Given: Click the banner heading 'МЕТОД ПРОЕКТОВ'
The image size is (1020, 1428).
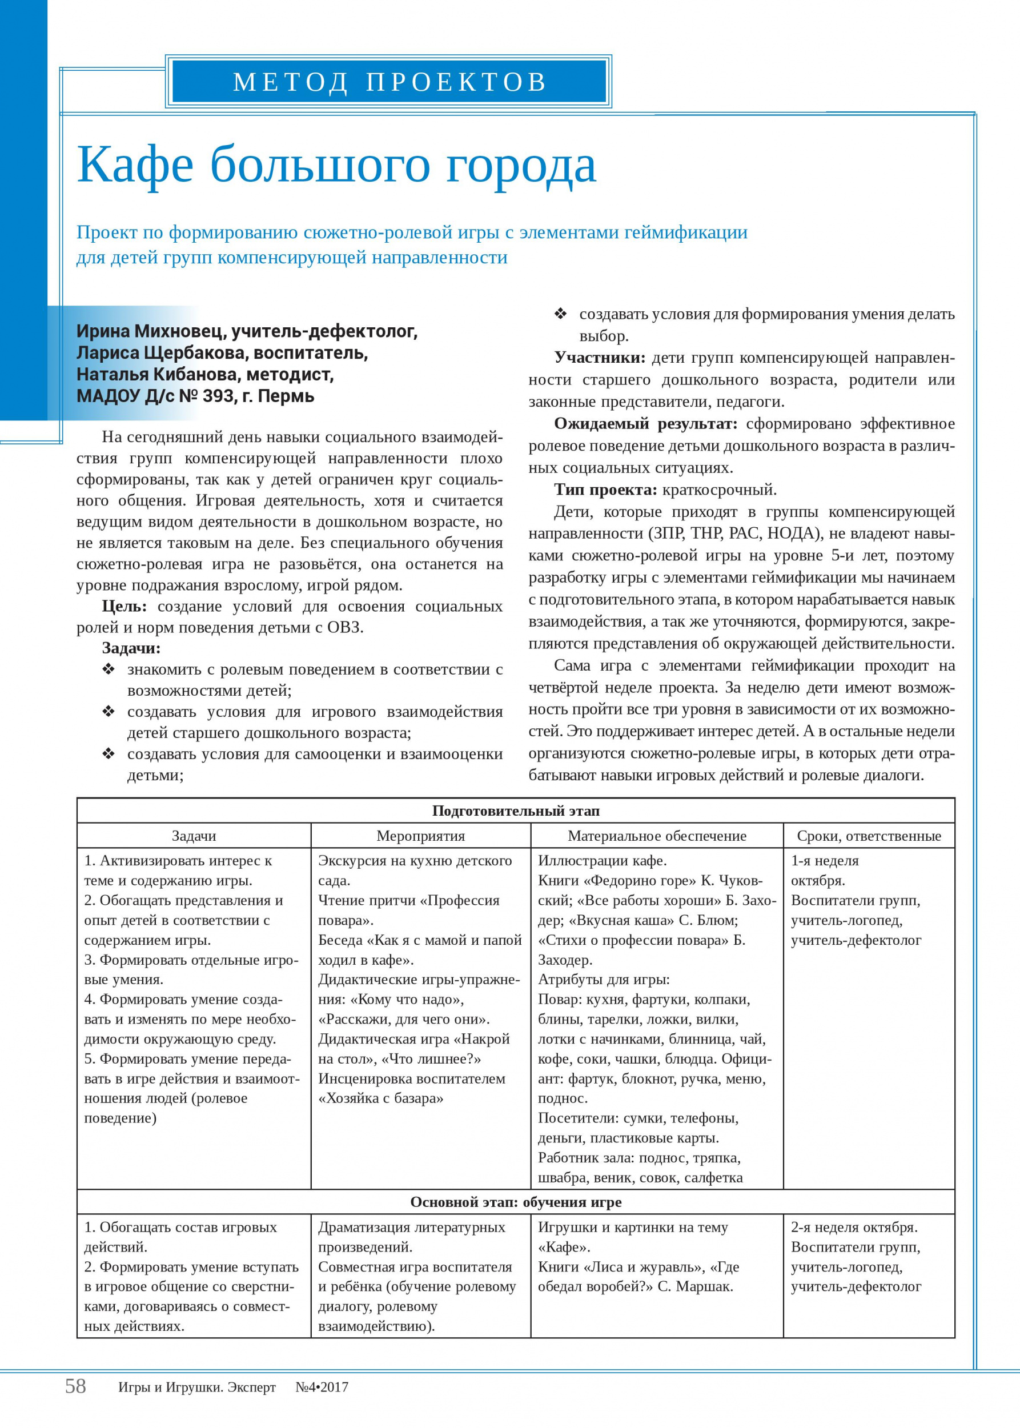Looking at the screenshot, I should (x=389, y=82).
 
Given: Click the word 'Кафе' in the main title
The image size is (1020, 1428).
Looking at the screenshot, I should (x=134, y=165).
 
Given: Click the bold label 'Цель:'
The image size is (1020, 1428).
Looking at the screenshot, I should (x=125, y=606).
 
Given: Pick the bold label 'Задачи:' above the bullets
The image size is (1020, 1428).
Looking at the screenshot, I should (x=131, y=648).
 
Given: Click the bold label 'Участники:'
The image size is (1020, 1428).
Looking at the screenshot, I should (x=599, y=358).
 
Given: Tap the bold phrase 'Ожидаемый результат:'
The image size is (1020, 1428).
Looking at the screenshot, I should (x=645, y=423).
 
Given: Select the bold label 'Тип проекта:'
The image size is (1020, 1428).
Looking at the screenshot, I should (x=605, y=490).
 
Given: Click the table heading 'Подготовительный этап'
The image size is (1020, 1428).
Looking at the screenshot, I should (x=516, y=811).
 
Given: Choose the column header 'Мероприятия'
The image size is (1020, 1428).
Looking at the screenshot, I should (x=420, y=836).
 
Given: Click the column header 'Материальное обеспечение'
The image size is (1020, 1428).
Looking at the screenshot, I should (x=657, y=836).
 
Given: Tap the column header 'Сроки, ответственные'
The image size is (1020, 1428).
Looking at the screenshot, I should (x=869, y=836).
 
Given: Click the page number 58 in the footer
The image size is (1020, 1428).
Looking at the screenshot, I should (x=75, y=1386).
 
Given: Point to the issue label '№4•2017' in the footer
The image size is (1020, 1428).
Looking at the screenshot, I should (x=322, y=1387).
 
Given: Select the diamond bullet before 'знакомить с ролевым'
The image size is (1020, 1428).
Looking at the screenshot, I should (x=109, y=669).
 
